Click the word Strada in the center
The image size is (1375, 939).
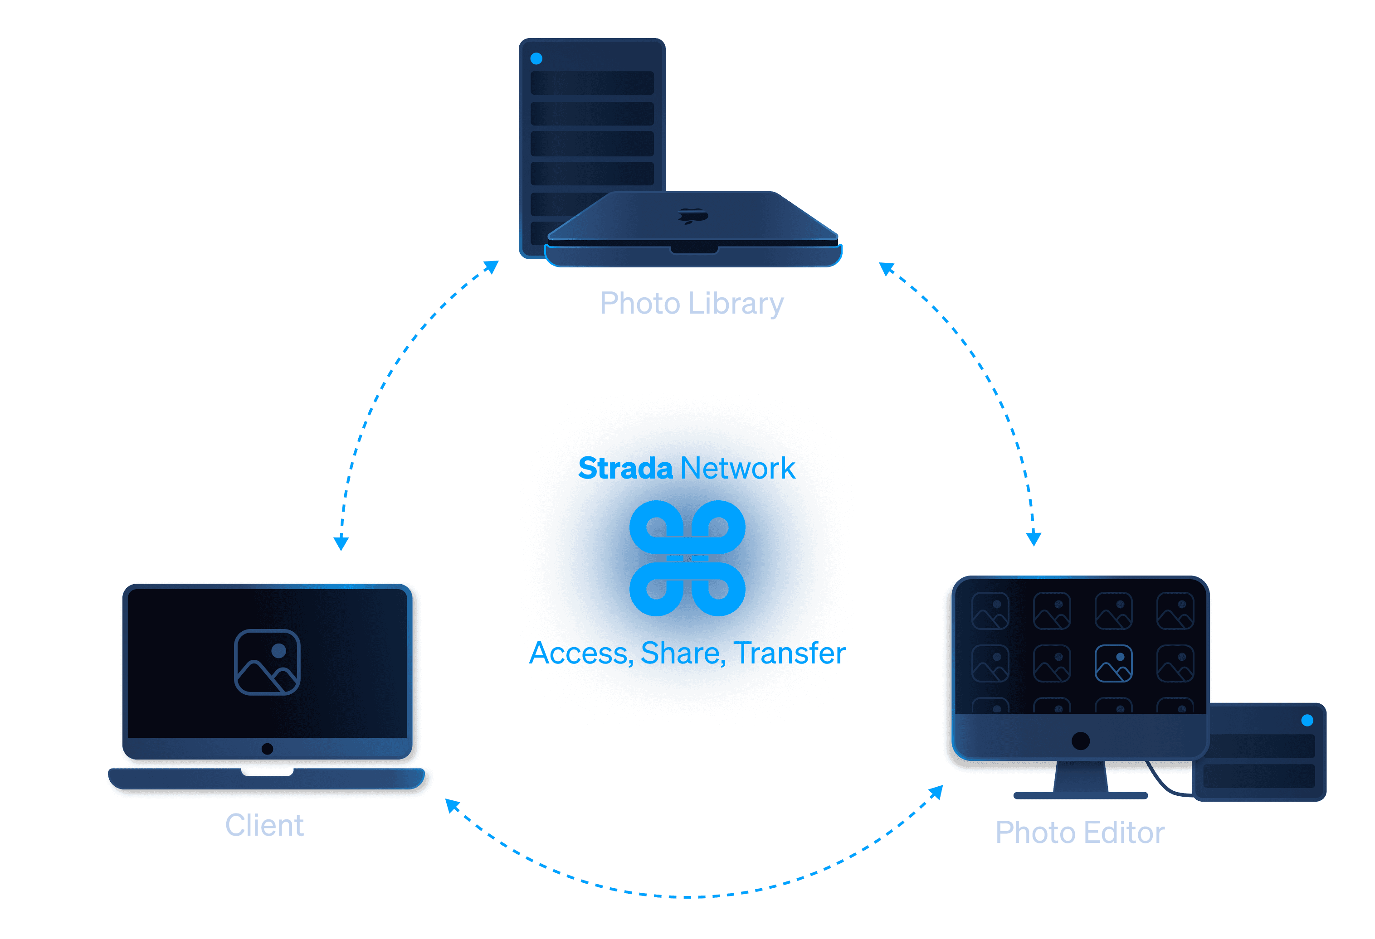pos(625,468)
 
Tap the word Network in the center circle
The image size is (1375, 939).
pos(738,468)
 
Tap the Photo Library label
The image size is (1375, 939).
pos(692,303)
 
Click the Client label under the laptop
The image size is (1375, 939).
pos(264,825)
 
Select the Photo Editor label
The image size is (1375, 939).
pos(1080,833)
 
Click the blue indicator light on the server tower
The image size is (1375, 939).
pos(536,58)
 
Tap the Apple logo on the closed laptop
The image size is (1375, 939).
pos(693,216)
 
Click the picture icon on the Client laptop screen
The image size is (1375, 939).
pos(268,662)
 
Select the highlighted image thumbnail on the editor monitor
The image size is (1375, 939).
pos(1113,663)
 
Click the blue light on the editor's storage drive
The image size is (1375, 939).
pos(1307,720)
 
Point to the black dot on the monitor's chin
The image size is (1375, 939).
pos(1080,741)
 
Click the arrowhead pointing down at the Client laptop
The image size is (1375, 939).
pos(341,543)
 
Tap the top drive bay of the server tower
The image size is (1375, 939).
pos(592,83)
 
